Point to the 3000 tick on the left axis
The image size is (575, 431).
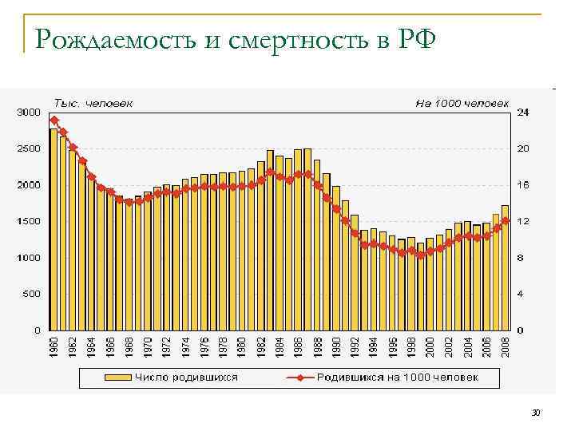coord(29,113)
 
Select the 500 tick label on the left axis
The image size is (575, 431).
coord(32,294)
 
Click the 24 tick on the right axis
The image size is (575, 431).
coord(524,113)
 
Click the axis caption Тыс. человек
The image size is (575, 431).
coord(93,102)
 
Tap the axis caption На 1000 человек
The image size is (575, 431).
coord(461,102)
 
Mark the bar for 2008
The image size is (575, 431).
coord(505,267)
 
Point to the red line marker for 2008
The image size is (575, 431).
coord(505,219)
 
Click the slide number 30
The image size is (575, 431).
coord(536,413)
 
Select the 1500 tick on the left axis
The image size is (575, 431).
coord(29,221)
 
